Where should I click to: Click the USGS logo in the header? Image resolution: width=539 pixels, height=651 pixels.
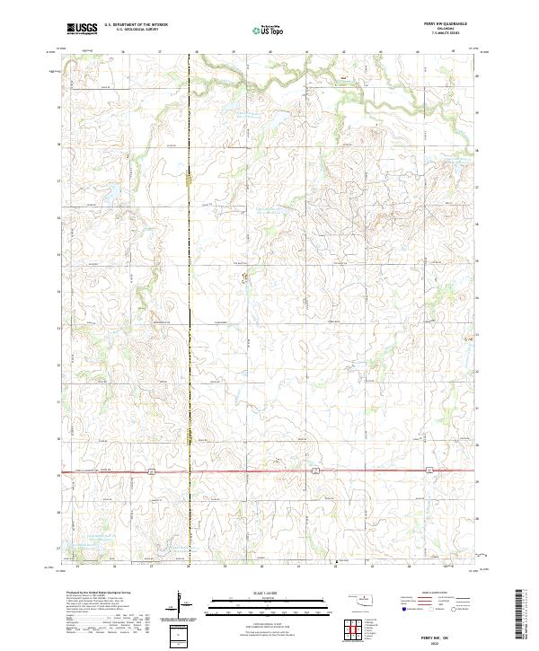[x=82, y=28]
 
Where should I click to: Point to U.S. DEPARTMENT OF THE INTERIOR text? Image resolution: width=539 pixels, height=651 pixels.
[x=136, y=25]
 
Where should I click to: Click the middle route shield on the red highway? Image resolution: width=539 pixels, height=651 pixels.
[x=315, y=470]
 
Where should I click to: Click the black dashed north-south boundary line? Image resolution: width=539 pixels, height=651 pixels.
[x=190, y=269]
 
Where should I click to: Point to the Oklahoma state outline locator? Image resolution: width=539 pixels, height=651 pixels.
[x=364, y=599]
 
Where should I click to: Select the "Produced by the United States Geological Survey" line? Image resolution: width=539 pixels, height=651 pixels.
[x=95, y=594]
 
